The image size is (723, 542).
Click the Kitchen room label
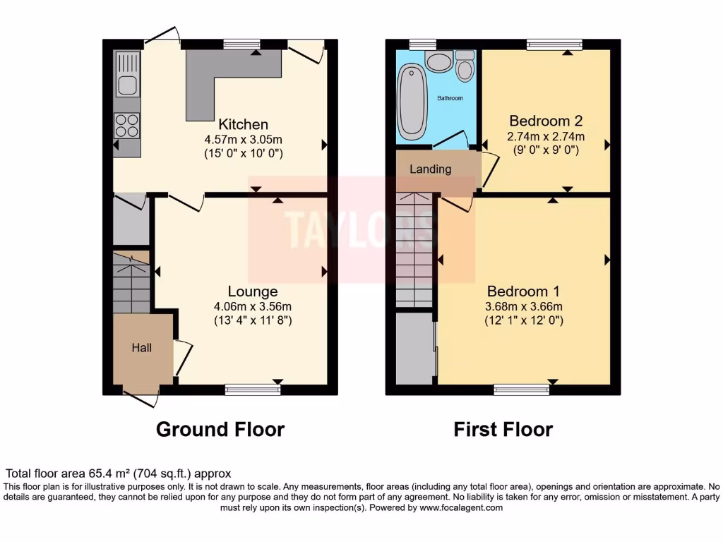(x=243, y=124)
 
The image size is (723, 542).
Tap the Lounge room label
(x=252, y=291)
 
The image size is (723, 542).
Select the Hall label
(x=141, y=347)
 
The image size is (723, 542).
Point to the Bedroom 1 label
(x=523, y=291)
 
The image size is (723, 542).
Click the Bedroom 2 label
(x=546, y=120)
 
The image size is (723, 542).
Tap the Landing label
(x=430, y=169)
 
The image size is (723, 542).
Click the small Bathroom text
(x=450, y=98)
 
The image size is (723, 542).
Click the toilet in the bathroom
(x=465, y=66)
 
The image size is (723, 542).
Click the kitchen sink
(x=127, y=76)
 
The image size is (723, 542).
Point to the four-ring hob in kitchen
(x=127, y=125)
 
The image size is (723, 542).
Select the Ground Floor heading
(x=220, y=429)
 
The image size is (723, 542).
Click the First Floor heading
(x=503, y=429)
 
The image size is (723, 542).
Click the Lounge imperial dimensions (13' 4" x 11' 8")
(x=252, y=320)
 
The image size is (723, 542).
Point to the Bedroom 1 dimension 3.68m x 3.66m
(x=523, y=306)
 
